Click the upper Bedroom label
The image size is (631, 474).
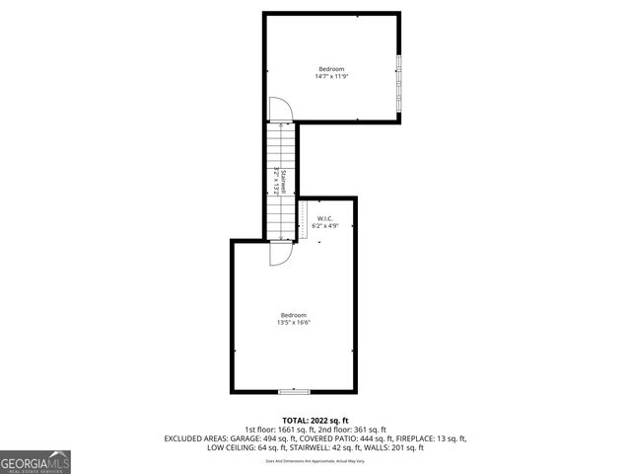[x=330, y=68]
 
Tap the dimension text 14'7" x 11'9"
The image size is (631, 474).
[x=330, y=76]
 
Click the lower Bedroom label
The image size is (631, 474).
[x=294, y=315]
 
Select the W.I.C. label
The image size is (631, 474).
[x=324, y=218]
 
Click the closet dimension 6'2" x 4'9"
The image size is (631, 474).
[x=324, y=226]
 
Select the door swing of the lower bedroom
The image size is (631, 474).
[x=280, y=254]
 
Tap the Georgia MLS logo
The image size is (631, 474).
[x=35, y=461]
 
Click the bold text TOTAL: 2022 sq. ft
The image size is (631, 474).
[x=315, y=421]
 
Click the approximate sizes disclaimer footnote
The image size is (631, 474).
[x=315, y=461]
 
